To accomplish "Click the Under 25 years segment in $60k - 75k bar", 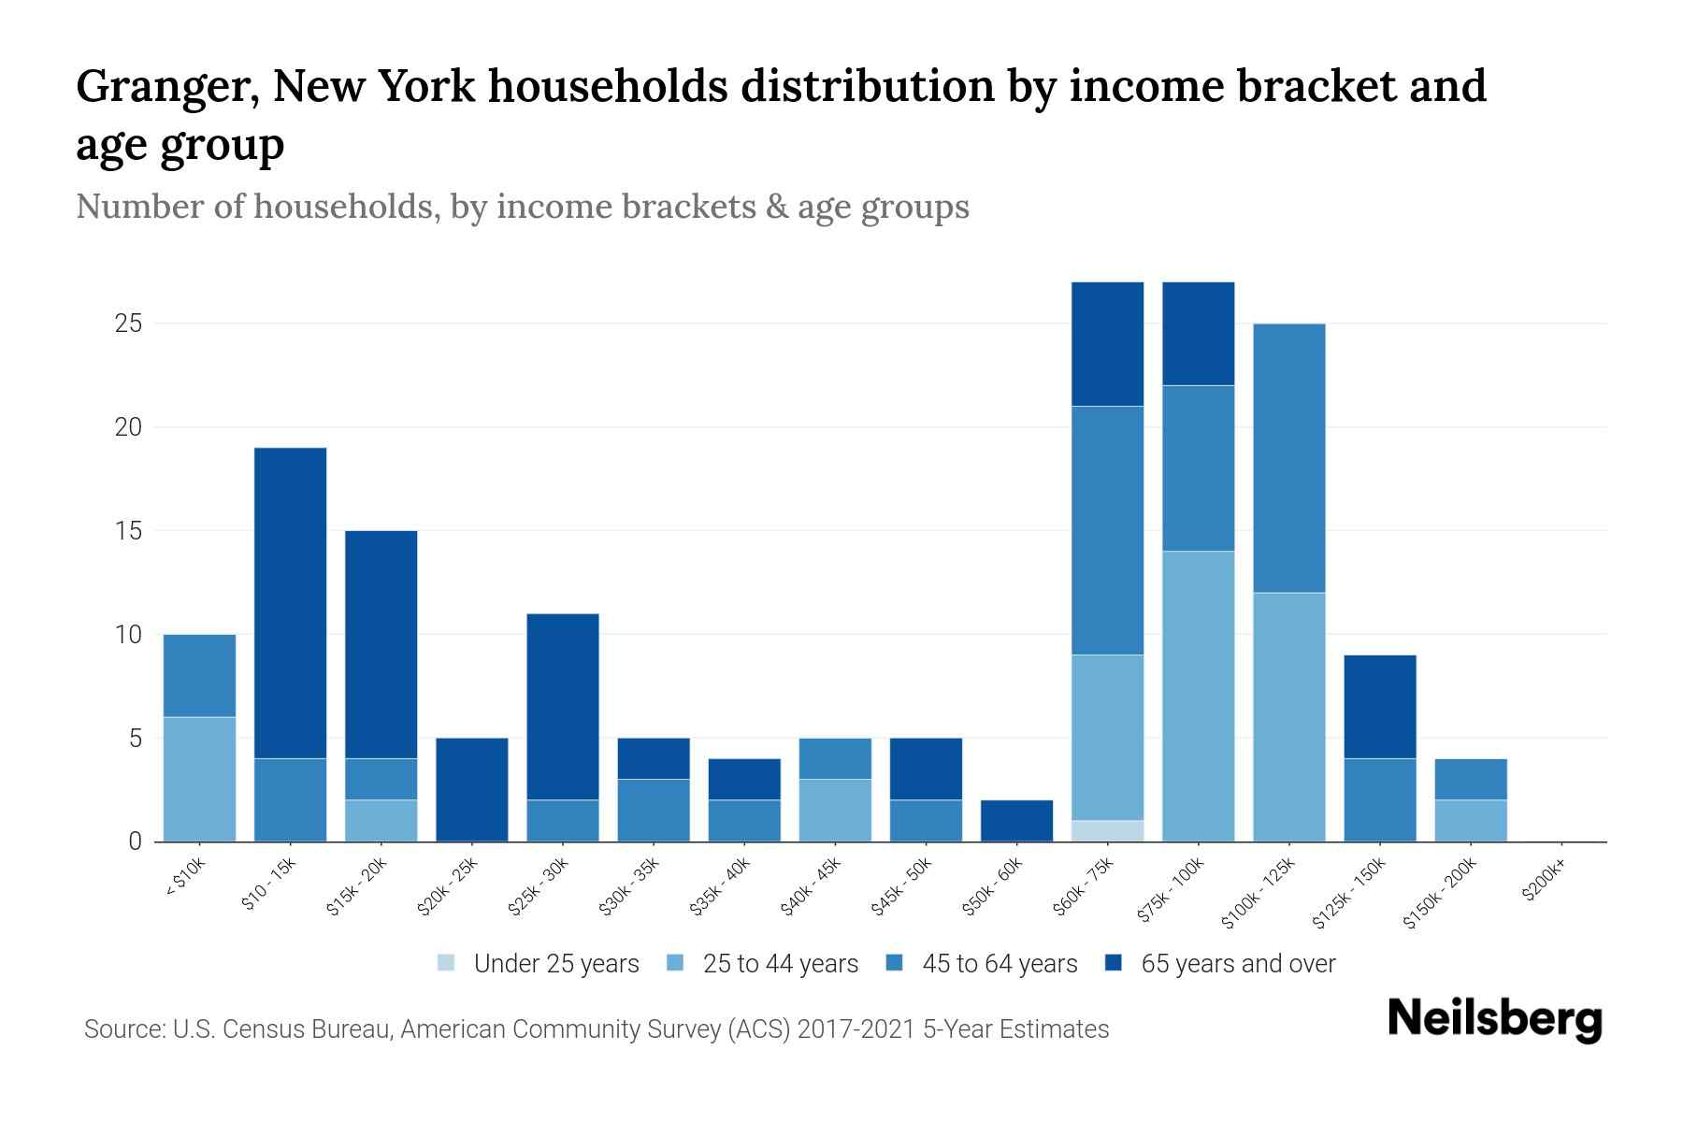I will pyautogui.click(x=1107, y=830).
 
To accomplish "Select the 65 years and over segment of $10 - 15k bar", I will pyautogui.click(x=290, y=603).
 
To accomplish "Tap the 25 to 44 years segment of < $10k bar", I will pyautogui.click(x=199, y=779).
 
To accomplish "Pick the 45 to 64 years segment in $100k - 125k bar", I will pyautogui.click(x=1288, y=458).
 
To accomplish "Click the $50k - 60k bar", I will pyautogui.click(x=1016, y=820).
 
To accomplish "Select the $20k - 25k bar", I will pyautogui.click(x=471, y=790).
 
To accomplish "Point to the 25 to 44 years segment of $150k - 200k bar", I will pyautogui.click(x=1470, y=820).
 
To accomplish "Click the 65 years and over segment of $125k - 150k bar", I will pyautogui.click(x=1379, y=707).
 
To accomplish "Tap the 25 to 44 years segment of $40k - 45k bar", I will pyautogui.click(x=835, y=810).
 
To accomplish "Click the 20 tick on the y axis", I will pyautogui.click(x=129, y=427).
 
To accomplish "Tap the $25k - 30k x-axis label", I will pyautogui.click(x=539, y=887).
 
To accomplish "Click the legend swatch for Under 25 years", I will pyautogui.click(x=446, y=963).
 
